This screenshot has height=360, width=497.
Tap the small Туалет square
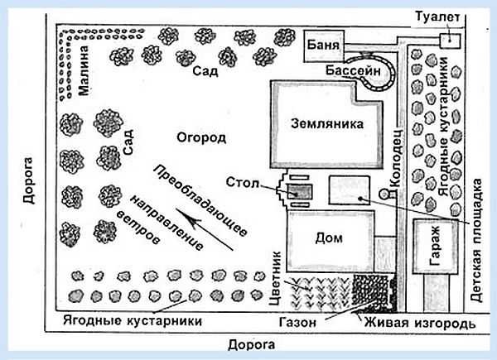(x=448, y=40)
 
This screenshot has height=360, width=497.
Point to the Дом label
(x=329, y=238)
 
